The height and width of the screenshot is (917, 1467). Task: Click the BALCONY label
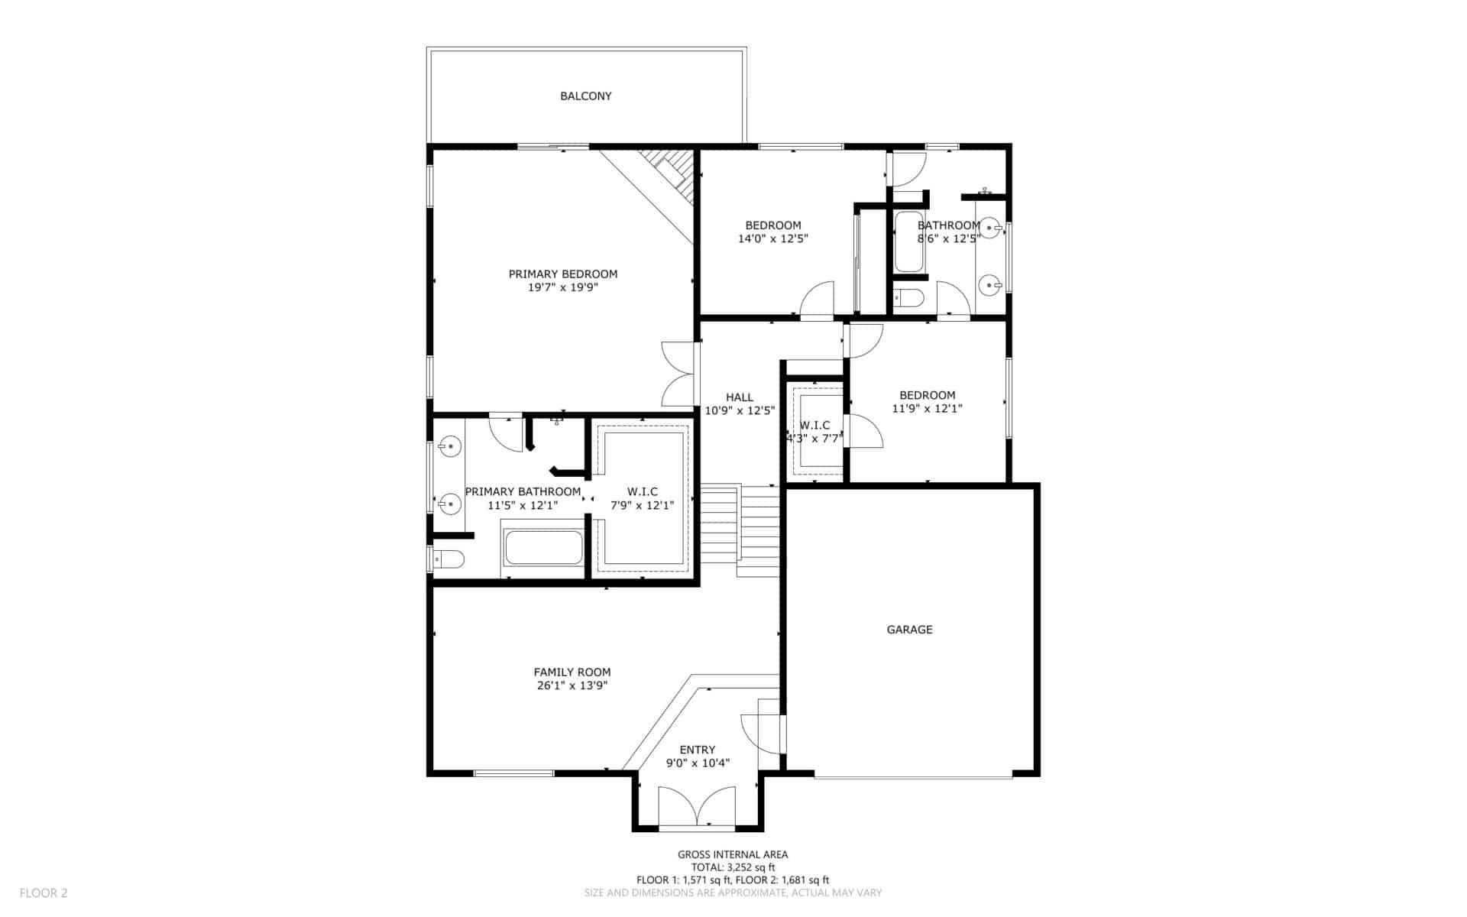[586, 96]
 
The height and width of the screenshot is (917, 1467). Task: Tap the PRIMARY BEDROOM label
[563, 274]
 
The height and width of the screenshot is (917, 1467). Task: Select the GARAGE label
[909, 630]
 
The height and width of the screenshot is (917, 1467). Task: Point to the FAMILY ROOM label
[572, 672]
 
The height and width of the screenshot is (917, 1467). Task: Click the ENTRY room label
[698, 750]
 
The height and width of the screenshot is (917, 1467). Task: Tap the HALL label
[740, 397]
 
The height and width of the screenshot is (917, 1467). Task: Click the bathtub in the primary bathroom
[543, 547]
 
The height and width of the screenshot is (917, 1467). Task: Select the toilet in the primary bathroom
[448, 560]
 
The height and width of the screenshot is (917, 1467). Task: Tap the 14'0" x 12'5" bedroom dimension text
[773, 238]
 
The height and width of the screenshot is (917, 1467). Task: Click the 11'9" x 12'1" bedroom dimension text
[927, 409]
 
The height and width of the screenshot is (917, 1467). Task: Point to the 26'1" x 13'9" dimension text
[572, 685]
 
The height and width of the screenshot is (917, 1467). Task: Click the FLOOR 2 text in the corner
[44, 893]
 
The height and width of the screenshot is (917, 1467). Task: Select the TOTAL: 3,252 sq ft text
[733, 867]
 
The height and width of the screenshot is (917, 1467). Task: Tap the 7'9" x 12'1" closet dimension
[642, 505]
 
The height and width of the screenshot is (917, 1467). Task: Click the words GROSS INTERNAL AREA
[733, 855]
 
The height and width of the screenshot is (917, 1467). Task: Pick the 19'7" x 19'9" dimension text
[563, 287]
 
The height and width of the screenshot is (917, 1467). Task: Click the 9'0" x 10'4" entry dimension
[698, 763]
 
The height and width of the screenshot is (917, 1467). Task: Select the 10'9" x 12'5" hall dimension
[740, 410]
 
